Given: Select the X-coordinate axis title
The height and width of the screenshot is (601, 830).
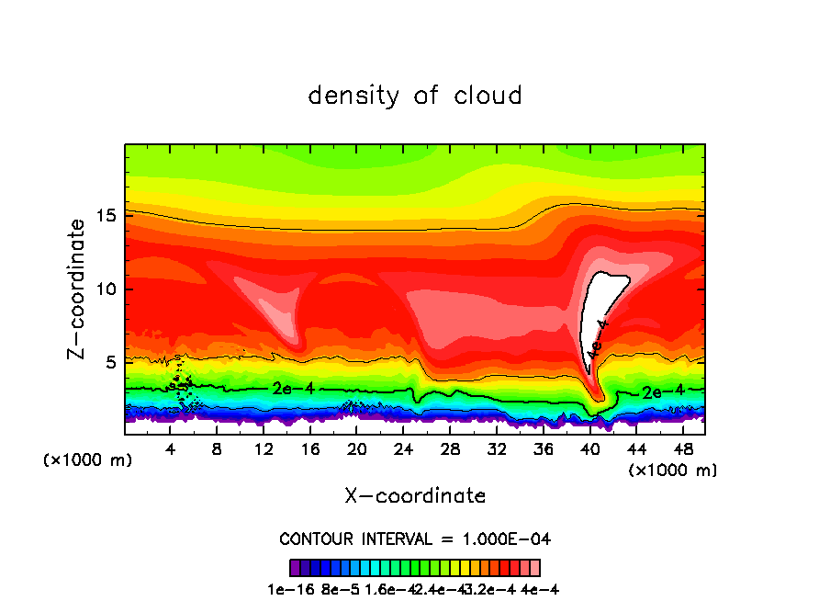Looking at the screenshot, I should (415, 496).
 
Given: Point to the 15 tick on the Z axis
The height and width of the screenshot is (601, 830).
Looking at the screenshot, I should (107, 216).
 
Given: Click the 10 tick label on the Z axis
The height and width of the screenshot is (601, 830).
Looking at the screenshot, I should (107, 289).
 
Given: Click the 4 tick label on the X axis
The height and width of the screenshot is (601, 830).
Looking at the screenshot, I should (171, 450).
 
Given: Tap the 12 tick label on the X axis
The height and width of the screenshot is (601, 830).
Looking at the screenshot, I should (264, 450).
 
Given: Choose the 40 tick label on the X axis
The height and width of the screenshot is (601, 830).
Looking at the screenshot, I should (589, 450).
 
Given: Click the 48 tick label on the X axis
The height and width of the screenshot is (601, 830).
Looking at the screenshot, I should (682, 450).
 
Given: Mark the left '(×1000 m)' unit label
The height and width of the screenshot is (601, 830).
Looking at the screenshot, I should (88, 460).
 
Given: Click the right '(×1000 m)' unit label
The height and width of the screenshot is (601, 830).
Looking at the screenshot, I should (673, 471).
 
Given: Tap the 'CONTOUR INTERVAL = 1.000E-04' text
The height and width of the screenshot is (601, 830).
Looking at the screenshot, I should (415, 539).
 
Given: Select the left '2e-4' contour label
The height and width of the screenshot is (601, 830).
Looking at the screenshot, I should (294, 389).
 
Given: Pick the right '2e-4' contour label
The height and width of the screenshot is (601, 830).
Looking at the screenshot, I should (663, 391).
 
